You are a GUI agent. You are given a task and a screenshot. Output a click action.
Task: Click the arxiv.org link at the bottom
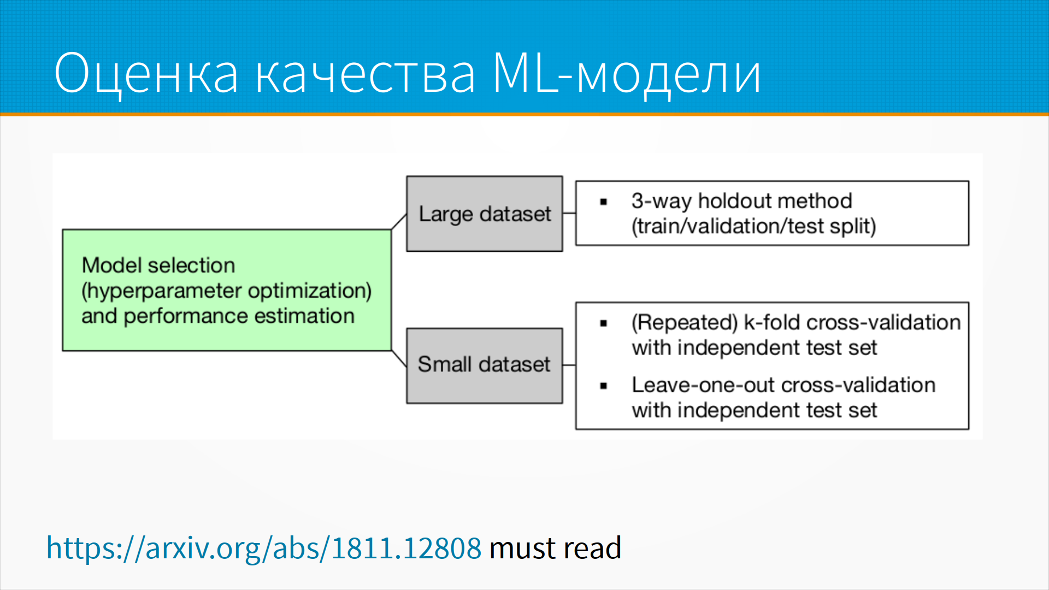coord(264,548)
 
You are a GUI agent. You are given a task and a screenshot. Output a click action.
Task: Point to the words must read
coord(556,548)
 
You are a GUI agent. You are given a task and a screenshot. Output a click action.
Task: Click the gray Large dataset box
coord(485,214)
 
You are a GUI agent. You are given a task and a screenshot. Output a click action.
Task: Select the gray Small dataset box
coord(485,365)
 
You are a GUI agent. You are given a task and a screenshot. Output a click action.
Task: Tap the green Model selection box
coord(227,290)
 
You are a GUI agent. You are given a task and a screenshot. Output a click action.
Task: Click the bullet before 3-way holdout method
coord(604,202)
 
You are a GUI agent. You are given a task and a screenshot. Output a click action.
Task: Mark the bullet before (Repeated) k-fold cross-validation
coord(604,323)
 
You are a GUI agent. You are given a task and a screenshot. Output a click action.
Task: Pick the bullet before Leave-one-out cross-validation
coord(604,386)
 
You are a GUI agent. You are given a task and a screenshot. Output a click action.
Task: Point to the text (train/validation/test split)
coord(754,226)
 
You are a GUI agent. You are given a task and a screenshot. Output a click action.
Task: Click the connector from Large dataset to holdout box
coord(569,213)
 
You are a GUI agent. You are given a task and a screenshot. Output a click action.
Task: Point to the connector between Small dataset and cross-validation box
coord(569,365)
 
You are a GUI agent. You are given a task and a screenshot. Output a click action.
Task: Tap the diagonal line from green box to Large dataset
coord(399,222)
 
